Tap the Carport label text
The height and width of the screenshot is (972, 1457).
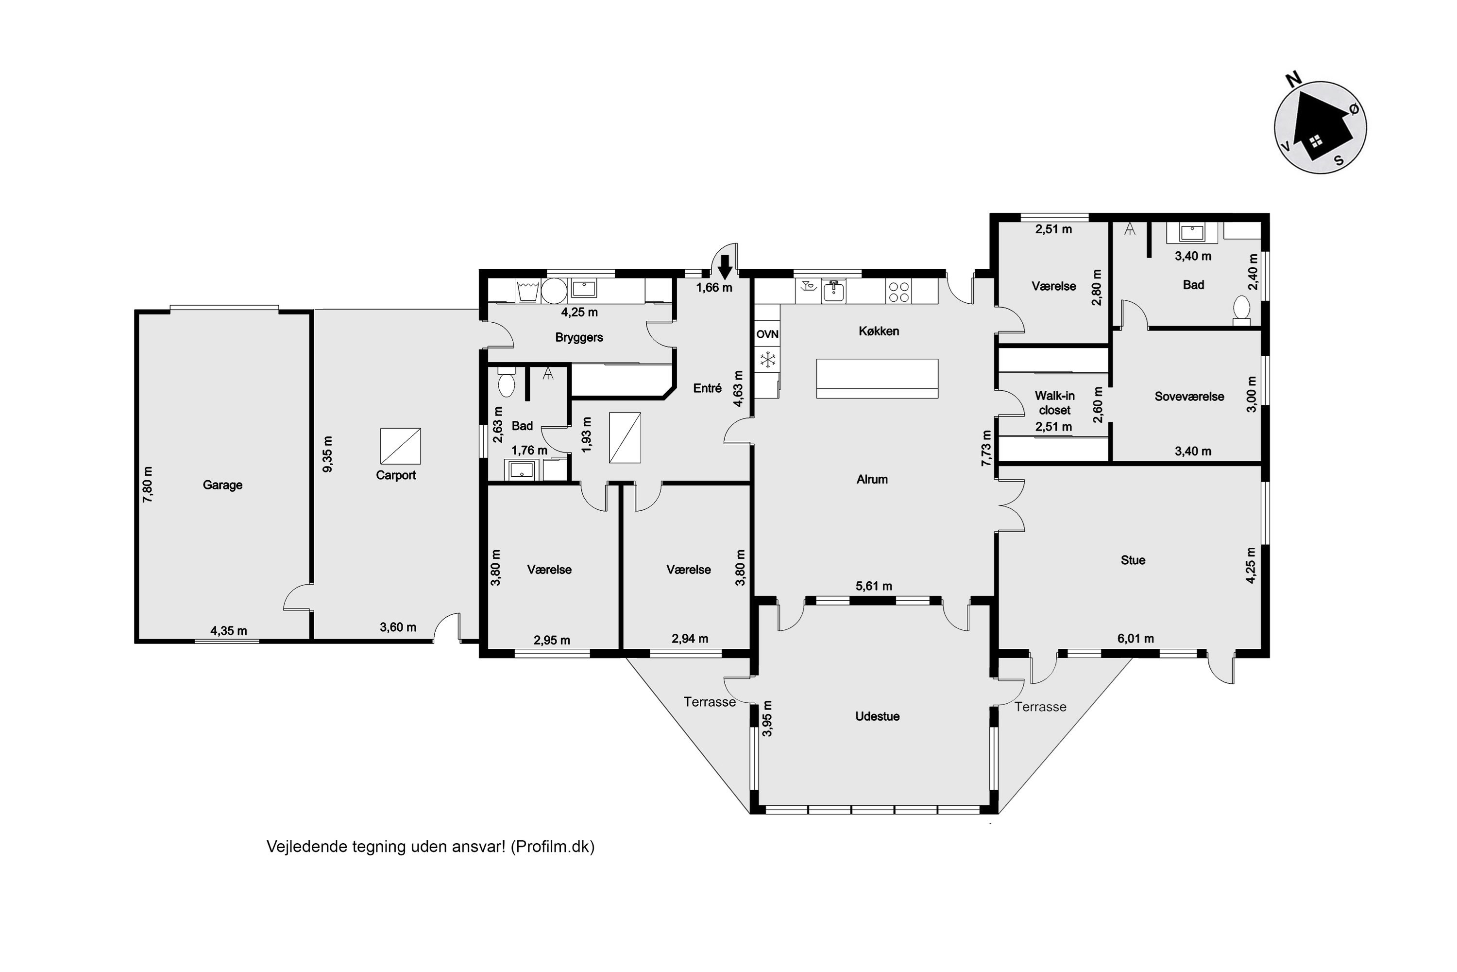(396, 475)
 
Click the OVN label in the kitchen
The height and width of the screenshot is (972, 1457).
(767, 334)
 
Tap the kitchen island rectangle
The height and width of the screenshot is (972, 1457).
(877, 378)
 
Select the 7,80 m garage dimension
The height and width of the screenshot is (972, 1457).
(148, 484)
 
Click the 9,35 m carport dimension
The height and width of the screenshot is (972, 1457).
(328, 454)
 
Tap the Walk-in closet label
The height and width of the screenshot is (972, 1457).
(1054, 403)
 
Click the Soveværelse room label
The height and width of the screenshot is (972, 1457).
(1189, 397)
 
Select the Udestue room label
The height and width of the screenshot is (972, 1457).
(877, 716)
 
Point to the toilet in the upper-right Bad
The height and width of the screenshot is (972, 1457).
(1241, 308)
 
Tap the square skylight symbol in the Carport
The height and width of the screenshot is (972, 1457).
(400, 446)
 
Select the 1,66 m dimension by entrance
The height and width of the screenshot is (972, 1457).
(713, 288)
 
